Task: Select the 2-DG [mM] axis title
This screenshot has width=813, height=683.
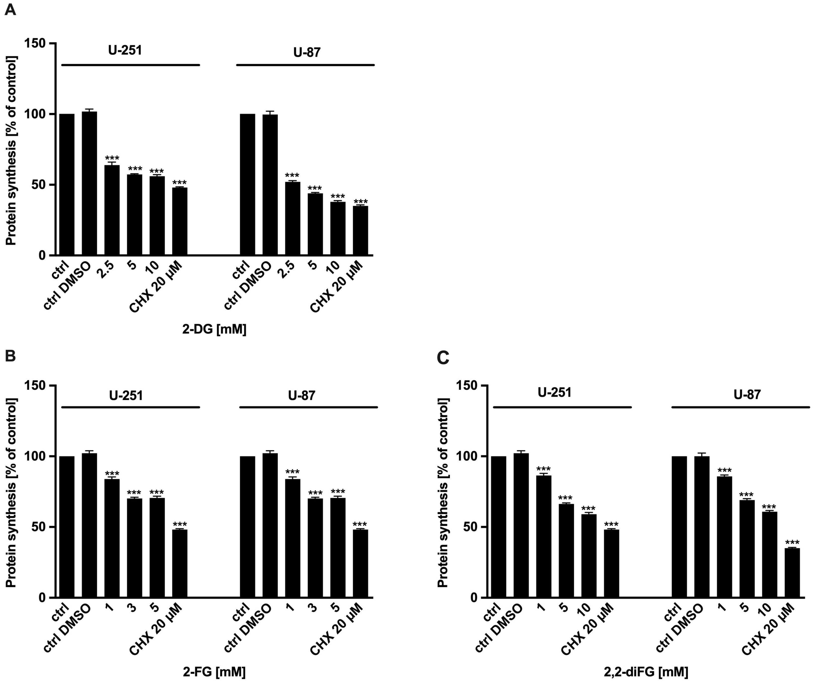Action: coord(214,329)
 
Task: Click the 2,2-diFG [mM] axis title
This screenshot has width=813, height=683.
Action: coord(646,671)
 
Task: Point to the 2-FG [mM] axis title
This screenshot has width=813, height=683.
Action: coord(214,671)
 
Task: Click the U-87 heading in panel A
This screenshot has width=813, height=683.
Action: coord(307,52)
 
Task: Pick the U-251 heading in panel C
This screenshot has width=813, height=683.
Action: coord(554,393)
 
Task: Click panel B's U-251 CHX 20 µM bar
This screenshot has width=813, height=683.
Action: coord(180,564)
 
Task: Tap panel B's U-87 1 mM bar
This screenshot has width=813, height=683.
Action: coord(293,538)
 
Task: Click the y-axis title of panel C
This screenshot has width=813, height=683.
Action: coord(443,492)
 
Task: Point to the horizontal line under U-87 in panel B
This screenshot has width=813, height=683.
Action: coord(309,407)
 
